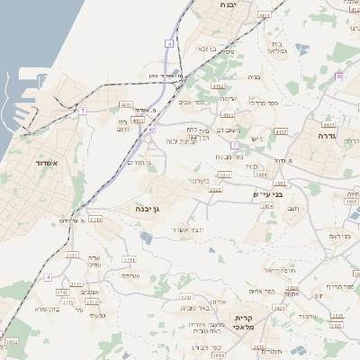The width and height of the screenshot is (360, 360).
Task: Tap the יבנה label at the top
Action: tap(227, 4)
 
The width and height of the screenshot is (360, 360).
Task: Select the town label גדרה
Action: tap(326, 135)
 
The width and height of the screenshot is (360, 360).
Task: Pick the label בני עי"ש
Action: tap(267, 192)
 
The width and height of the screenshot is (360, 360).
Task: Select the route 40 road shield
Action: tap(338, 76)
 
